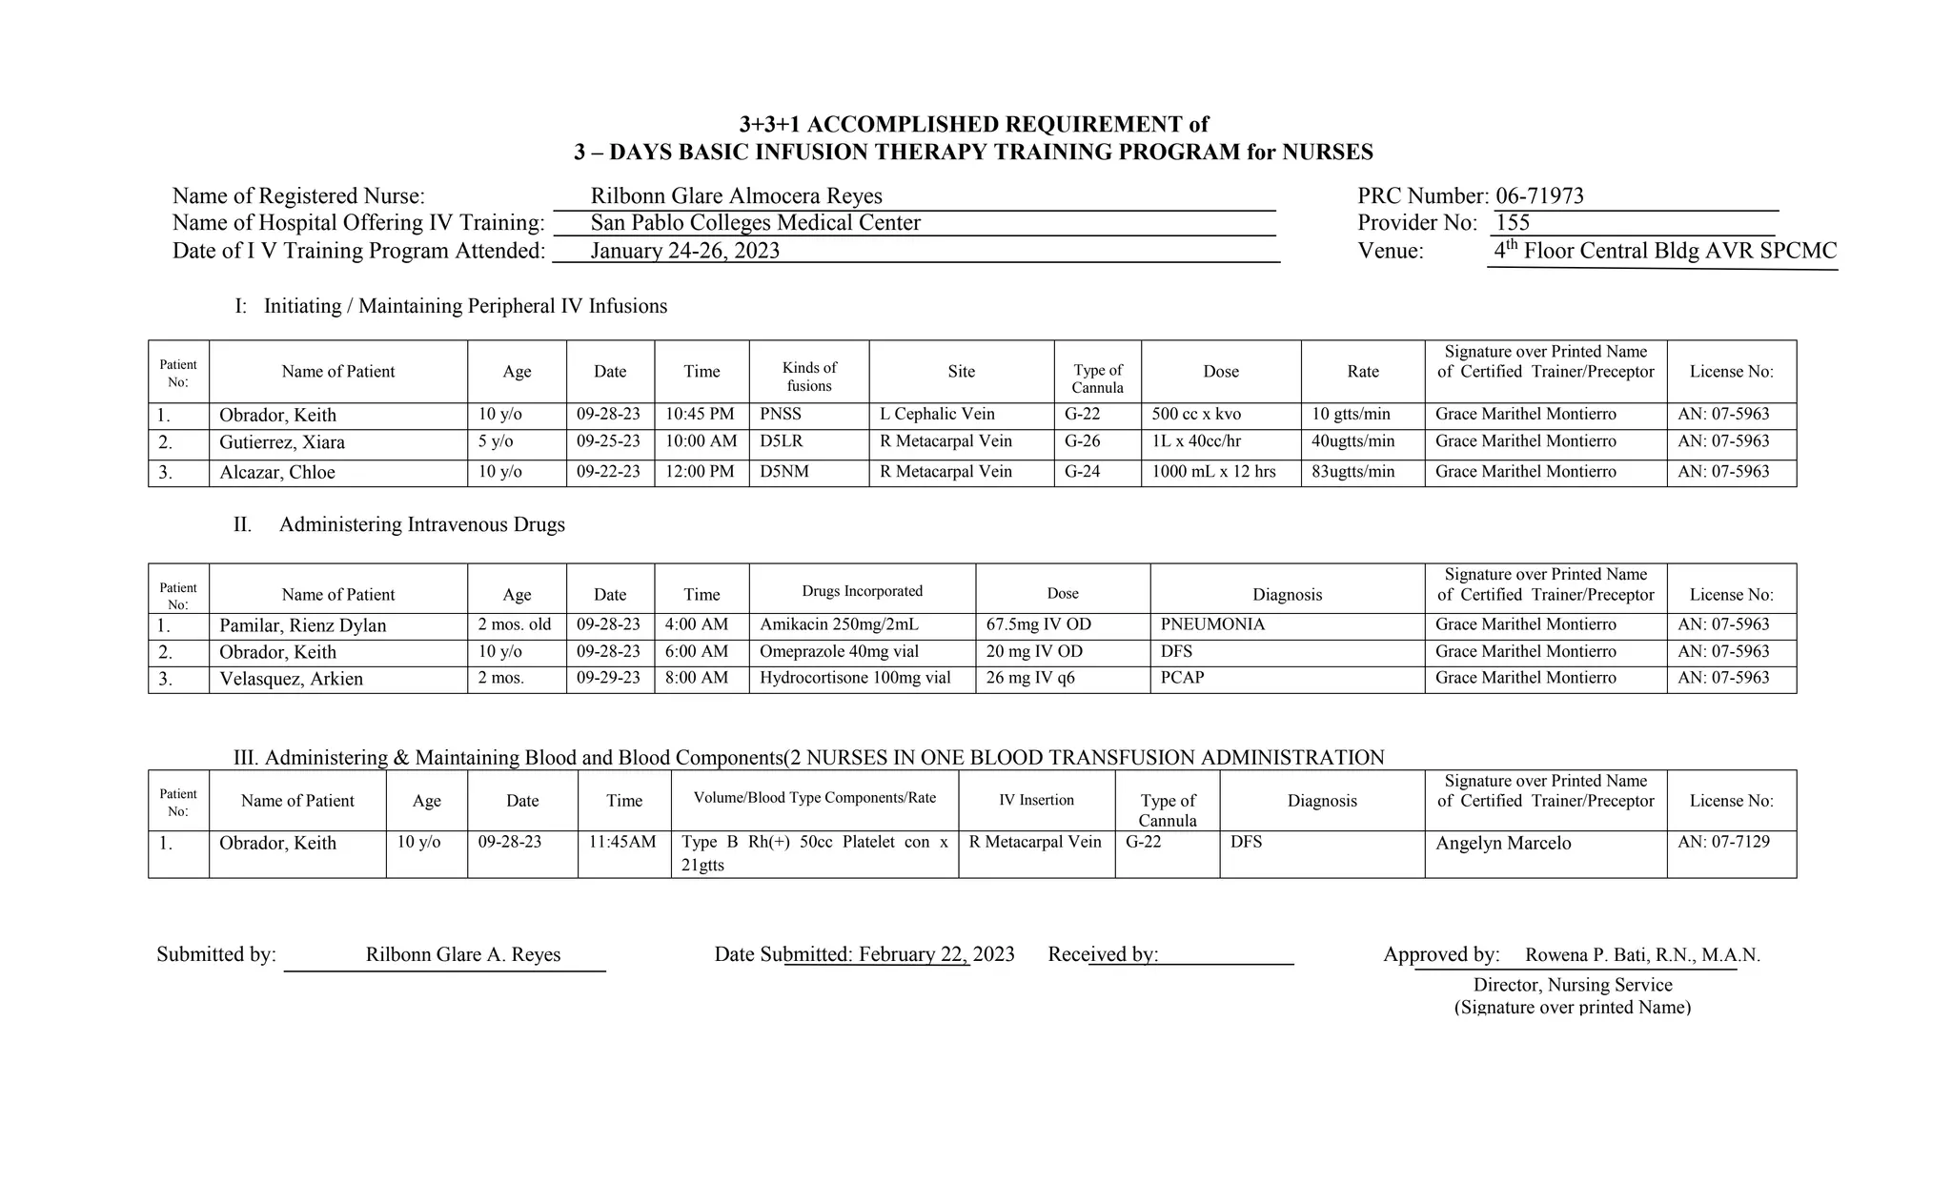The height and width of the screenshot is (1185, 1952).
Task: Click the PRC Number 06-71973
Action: (x=1539, y=196)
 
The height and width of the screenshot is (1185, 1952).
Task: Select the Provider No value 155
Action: (x=1513, y=223)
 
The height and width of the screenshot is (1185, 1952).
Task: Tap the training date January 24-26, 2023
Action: (x=684, y=251)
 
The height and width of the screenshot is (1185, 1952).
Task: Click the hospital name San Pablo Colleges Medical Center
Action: (x=755, y=223)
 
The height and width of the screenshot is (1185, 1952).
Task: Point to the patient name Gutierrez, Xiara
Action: (x=282, y=442)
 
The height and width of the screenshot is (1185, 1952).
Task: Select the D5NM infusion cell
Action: (x=784, y=472)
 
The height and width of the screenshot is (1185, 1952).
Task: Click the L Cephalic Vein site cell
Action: (x=937, y=415)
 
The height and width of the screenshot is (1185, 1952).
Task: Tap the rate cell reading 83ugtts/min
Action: (x=1352, y=472)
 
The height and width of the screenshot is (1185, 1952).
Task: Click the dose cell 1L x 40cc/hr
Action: (x=1196, y=442)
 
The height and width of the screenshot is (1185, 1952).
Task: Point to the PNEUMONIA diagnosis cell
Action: (x=1212, y=625)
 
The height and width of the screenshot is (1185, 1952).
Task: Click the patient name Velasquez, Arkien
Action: (x=291, y=679)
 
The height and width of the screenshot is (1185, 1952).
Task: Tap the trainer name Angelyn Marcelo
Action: (x=1503, y=844)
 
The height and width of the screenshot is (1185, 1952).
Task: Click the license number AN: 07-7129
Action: (x=1723, y=843)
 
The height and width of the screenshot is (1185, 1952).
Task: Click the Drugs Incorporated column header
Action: (x=862, y=591)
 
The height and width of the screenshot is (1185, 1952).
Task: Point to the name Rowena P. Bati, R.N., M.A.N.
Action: (x=1642, y=955)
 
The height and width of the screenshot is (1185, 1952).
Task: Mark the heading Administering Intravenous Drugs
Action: (x=421, y=525)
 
